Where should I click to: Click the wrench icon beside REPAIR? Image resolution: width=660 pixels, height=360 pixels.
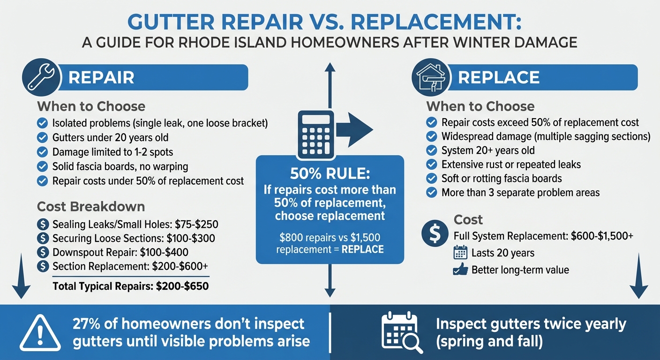tap(41, 77)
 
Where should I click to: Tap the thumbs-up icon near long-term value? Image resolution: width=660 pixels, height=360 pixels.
tap(460, 270)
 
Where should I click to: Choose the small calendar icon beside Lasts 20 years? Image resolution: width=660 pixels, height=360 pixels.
tap(460, 253)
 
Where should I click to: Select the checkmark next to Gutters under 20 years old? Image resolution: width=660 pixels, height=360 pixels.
tap(42, 138)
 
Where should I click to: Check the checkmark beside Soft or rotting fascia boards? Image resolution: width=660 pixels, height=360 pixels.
tap(431, 179)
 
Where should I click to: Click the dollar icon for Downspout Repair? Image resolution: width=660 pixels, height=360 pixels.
tap(43, 252)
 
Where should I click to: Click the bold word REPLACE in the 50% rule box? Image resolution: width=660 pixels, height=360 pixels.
tap(362, 249)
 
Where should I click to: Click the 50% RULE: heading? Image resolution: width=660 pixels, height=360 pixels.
tap(330, 174)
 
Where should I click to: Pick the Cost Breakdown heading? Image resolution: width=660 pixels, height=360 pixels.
tap(91, 207)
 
